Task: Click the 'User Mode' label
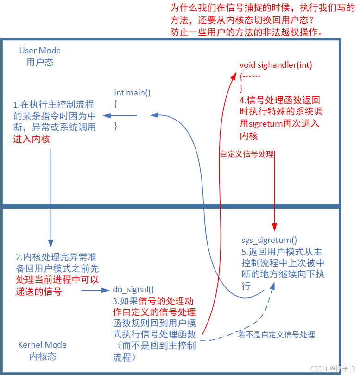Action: pos(40,51)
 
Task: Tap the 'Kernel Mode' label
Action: pos(42,345)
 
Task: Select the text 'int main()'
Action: pos(133,92)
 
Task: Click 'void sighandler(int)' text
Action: pos(276,65)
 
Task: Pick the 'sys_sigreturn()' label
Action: pos(269,240)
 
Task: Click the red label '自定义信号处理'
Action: pos(247,154)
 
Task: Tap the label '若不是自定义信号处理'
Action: pos(277,335)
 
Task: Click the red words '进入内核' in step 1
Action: pos(32,139)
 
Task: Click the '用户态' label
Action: pos(40,62)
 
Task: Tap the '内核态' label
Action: pos(43,356)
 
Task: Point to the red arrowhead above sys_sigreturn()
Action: pos(275,227)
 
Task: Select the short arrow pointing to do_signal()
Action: pos(95,291)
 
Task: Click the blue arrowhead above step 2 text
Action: pos(51,243)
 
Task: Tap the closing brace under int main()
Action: pos(116,126)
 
